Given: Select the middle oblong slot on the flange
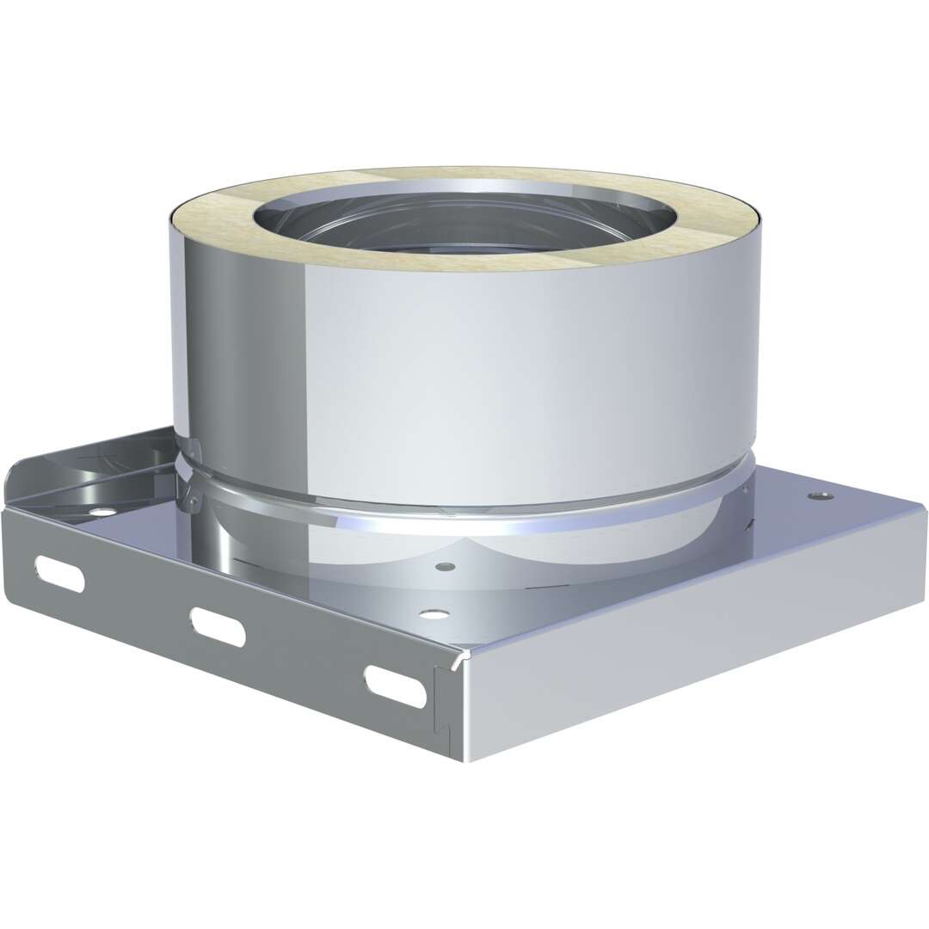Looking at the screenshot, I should [218, 626].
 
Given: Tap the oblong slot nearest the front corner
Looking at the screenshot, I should [395, 686].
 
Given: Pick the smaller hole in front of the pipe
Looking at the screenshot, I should [445, 568].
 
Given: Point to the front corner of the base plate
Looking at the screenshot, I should [464, 658].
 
